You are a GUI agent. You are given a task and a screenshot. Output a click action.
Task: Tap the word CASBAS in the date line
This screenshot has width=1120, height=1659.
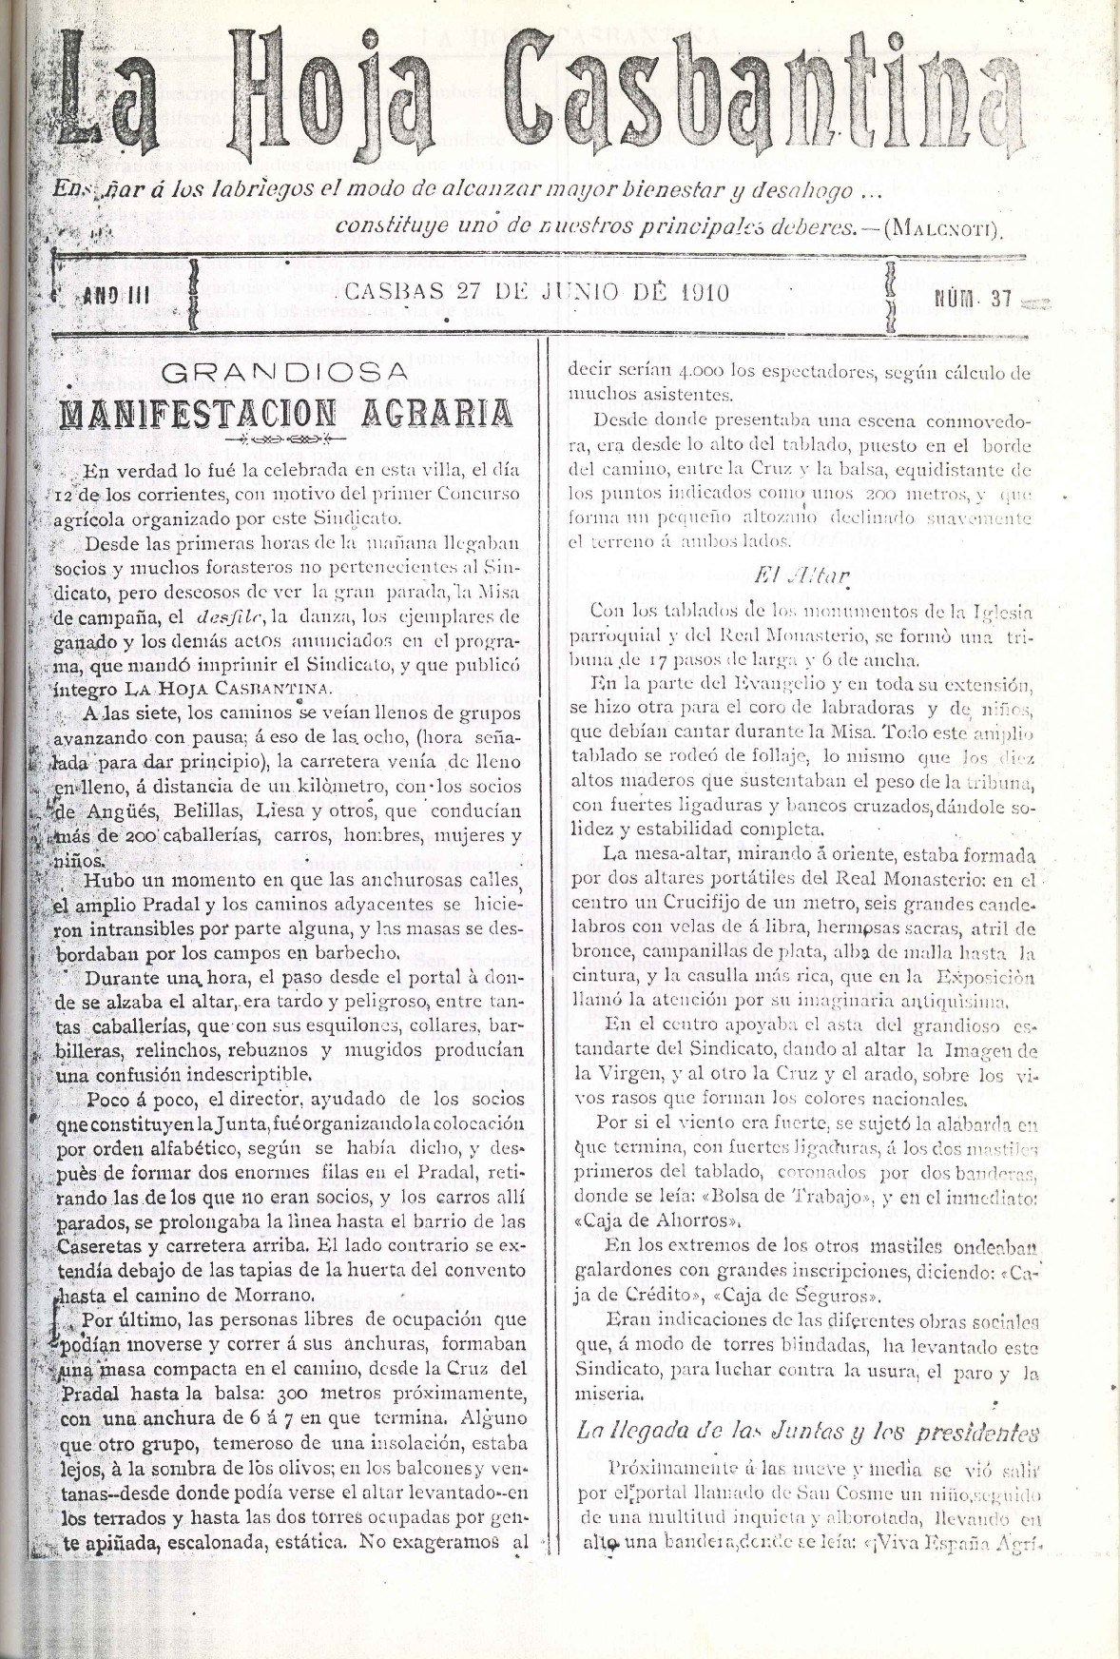(395, 293)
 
